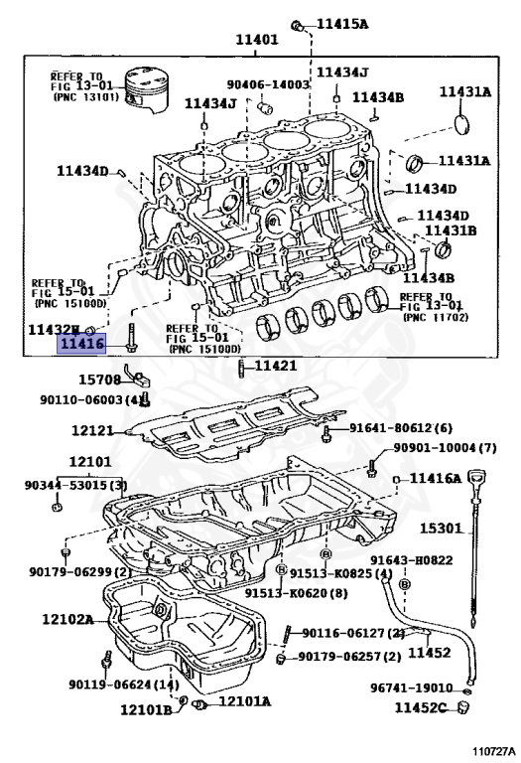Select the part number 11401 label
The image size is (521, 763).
tap(256, 40)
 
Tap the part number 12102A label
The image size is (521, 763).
tap(67, 619)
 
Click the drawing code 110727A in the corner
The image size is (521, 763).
tap(493, 752)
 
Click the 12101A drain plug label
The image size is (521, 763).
tap(244, 701)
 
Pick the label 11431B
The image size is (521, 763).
tap(451, 230)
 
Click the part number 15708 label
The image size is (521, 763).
tap(99, 380)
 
